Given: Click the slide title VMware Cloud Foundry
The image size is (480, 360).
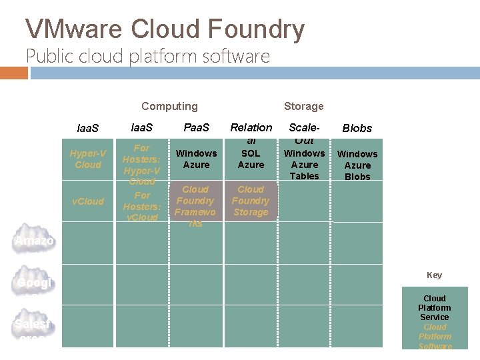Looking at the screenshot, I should click(x=165, y=29).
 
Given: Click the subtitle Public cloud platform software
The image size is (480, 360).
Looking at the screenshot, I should click(x=148, y=56).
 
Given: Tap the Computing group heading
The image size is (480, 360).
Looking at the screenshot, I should click(x=169, y=106).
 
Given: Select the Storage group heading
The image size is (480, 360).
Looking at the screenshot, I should click(x=303, y=106).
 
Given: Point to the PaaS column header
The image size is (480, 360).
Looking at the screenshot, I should click(x=196, y=127).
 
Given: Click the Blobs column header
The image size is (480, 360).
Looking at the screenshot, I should click(x=357, y=128).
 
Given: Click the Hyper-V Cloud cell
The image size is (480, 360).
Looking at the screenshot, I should click(x=88, y=159).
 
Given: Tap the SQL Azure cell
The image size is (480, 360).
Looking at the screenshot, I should click(x=251, y=159).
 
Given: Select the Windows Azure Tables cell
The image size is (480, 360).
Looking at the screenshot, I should click(x=304, y=165).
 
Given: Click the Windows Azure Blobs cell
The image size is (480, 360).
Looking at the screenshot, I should click(x=357, y=165).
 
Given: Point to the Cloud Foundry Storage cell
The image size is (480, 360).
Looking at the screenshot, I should click(x=251, y=201).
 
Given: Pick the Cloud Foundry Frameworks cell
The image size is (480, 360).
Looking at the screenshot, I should click(x=195, y=206).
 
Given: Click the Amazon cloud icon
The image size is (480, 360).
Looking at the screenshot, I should click(x=34, y=241).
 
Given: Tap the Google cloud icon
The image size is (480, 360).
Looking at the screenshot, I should click(x=34, y=283).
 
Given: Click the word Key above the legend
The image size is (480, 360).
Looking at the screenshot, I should click(x=434, y=275).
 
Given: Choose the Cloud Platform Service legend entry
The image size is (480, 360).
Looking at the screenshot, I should click(x=435, y=307).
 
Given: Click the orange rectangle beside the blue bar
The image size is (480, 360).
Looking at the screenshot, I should click(x=14, y=73).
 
